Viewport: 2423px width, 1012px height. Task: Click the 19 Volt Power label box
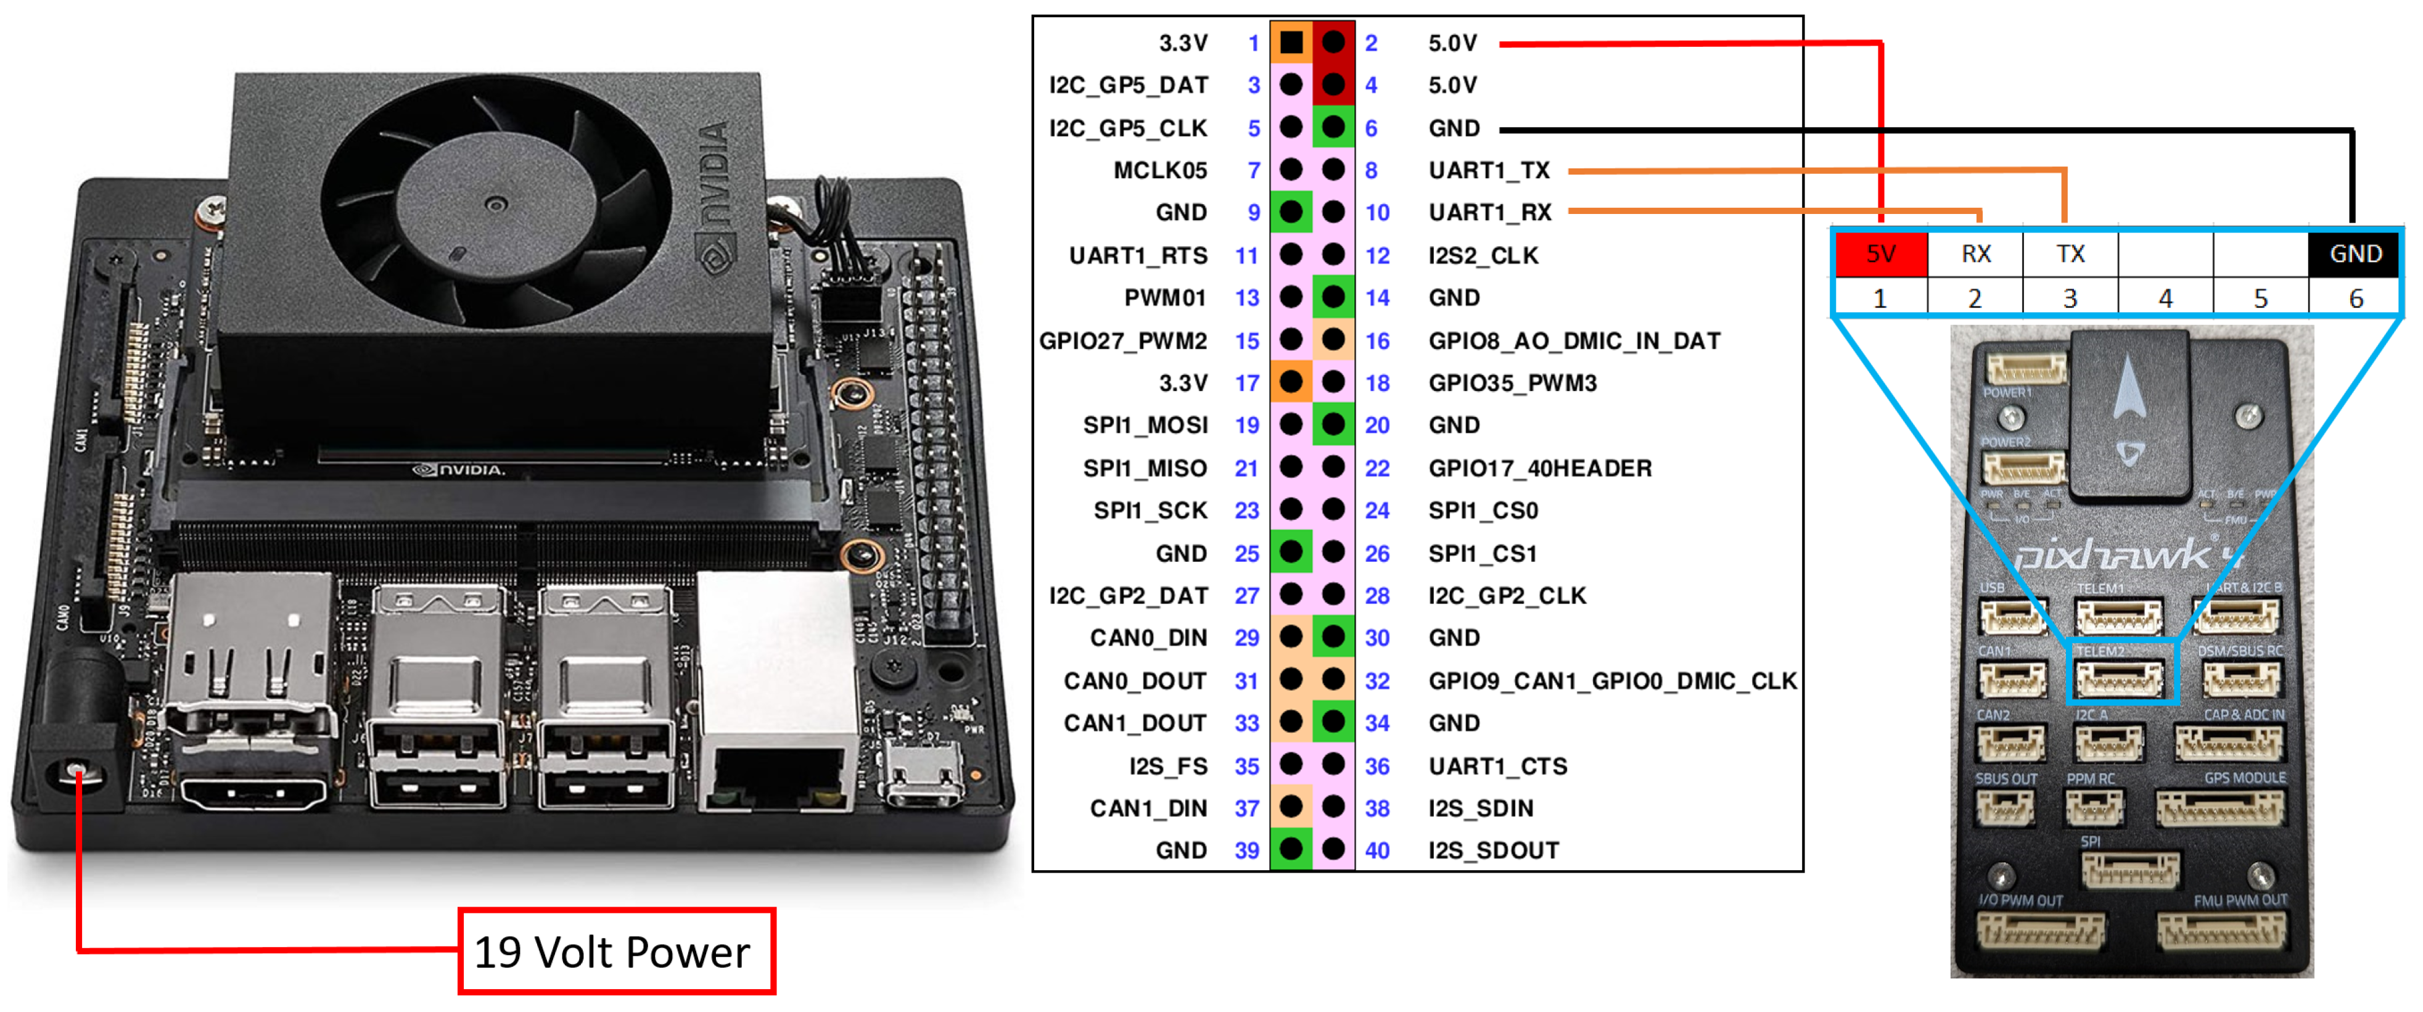616,951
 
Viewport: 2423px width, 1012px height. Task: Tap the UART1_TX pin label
1489,170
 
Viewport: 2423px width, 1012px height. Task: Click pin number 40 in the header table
1377,850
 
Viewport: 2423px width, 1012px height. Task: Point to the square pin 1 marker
1291,43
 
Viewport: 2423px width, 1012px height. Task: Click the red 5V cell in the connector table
1880,254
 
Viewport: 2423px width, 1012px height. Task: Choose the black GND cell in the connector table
2355,254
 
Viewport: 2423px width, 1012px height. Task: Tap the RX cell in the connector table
1975,254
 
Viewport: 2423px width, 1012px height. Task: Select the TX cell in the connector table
2070,254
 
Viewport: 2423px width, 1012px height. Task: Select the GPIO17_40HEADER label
1540,468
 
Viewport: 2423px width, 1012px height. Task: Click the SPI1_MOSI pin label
1145,425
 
